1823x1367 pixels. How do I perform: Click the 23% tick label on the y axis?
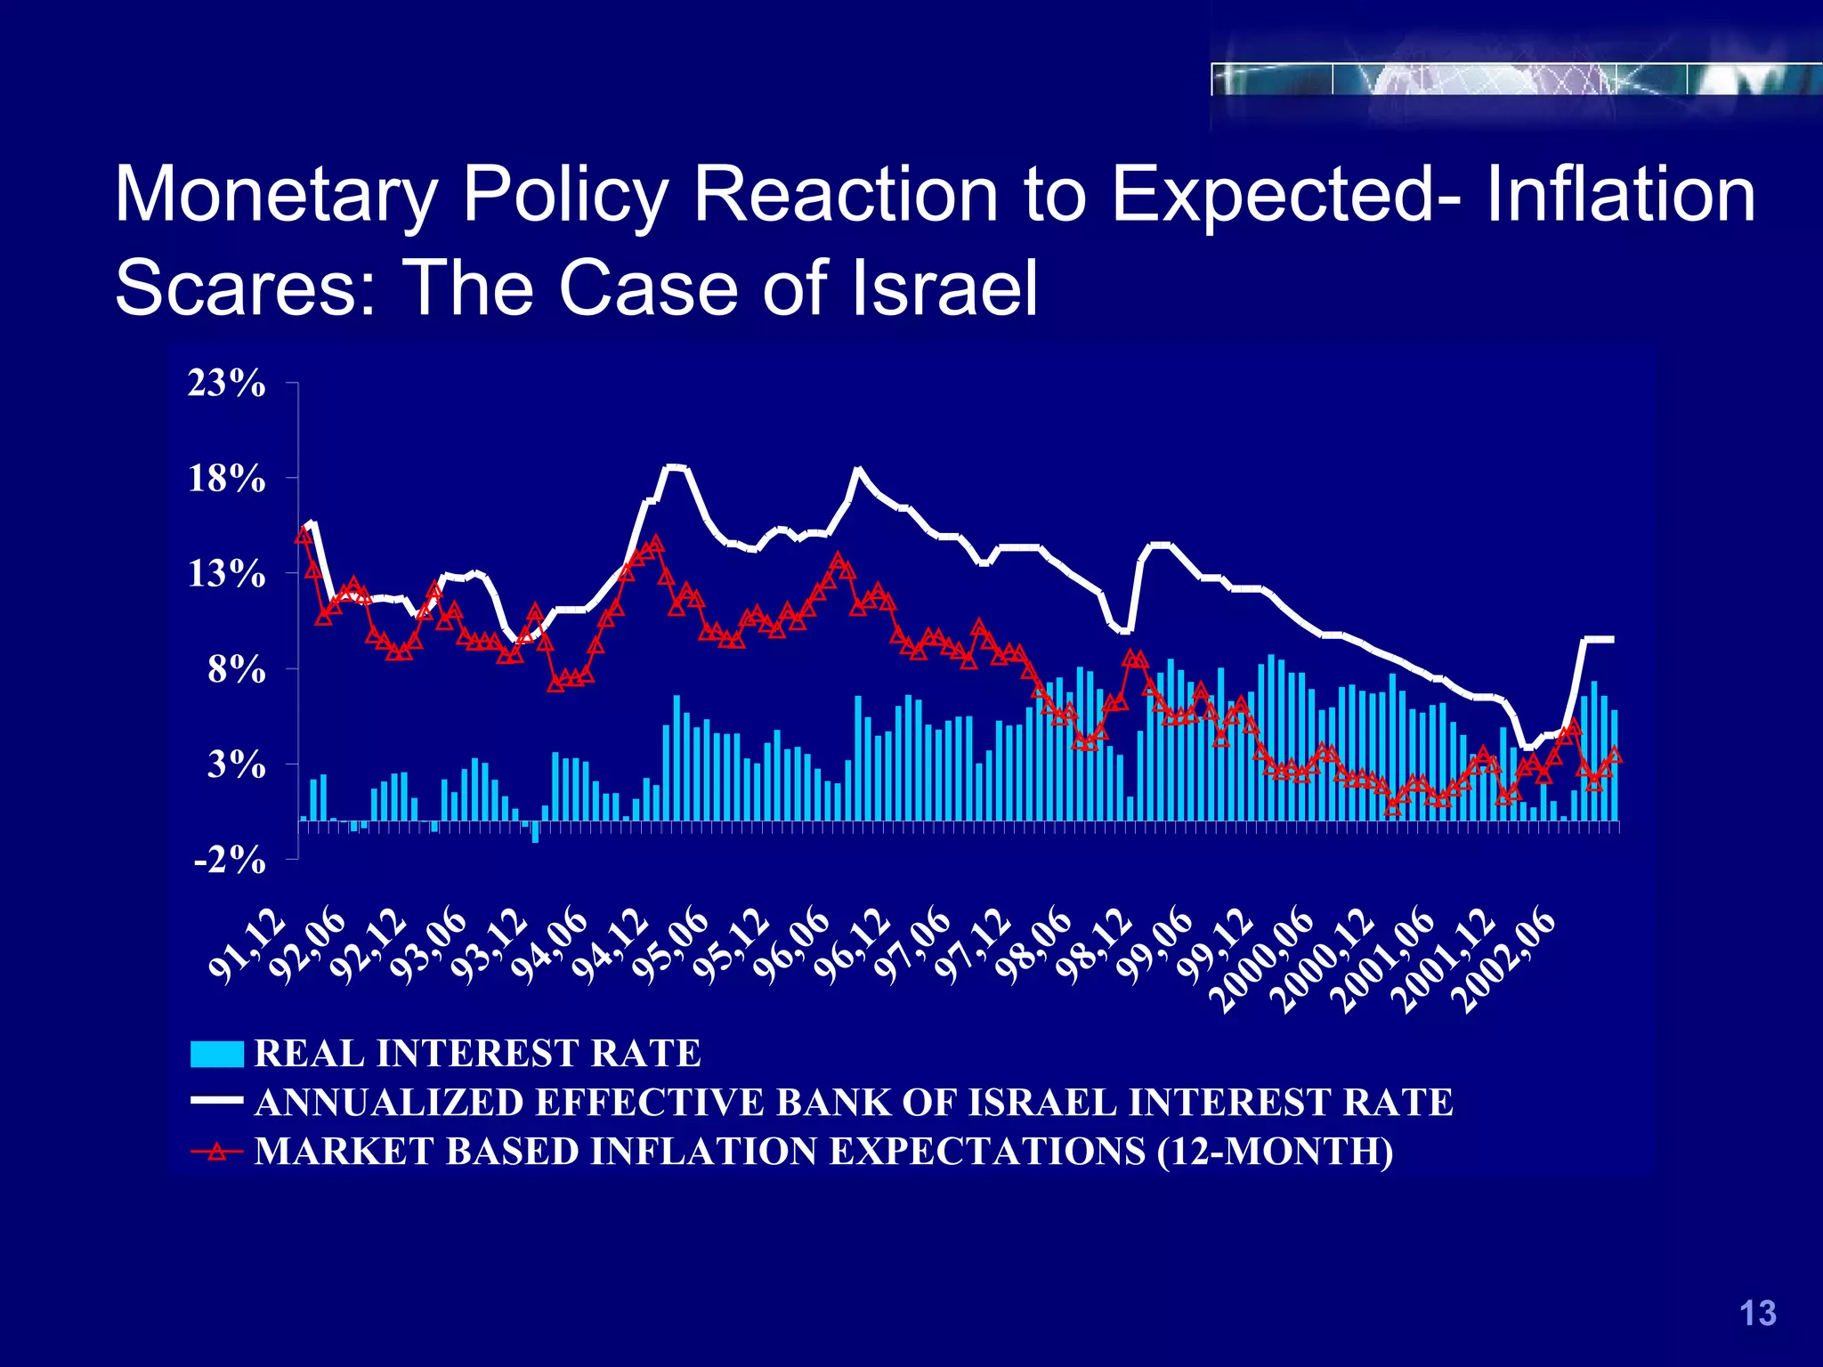coord(226,384)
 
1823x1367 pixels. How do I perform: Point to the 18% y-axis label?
coord(226,479)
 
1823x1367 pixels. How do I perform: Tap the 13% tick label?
coord(226,574)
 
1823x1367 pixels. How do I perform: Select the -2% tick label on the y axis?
coord(230,860)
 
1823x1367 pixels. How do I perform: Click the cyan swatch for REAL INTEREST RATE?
coord(216,1054)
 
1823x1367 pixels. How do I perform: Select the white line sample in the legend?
coord(216,1101)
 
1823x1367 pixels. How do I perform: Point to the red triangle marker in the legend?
coord(216,1151)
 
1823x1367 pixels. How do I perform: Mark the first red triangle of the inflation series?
coord(304,535)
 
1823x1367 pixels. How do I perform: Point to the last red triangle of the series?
coord(1615,755)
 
